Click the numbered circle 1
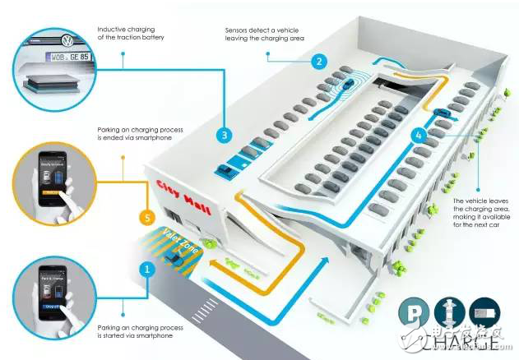coord(147,268)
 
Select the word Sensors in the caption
coord(239,30)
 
